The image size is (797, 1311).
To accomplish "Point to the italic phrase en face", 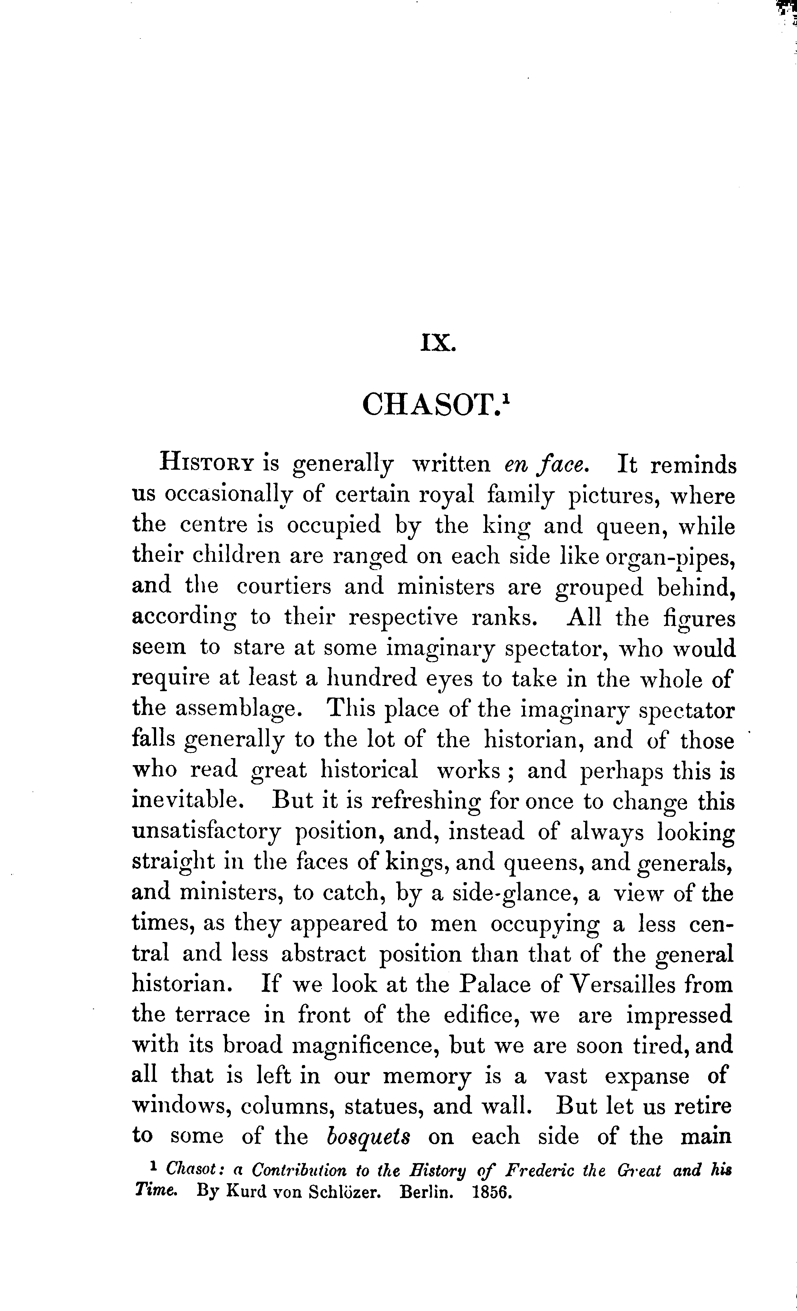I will click(x=546, y=464).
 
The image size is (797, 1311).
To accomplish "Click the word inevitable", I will click(x=192, y=800).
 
